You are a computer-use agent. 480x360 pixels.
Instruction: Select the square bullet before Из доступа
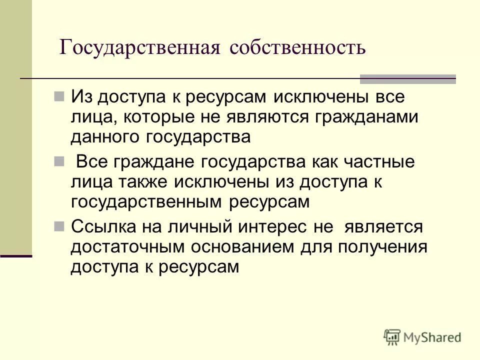59,95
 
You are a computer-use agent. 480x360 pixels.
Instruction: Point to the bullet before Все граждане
59,161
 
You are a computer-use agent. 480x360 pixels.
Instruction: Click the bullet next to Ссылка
59,226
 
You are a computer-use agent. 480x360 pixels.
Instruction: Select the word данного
105,137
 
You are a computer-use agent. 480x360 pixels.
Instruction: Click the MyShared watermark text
429,337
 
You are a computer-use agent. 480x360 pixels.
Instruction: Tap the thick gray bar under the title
408,78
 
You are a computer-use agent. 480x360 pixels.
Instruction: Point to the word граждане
156,163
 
